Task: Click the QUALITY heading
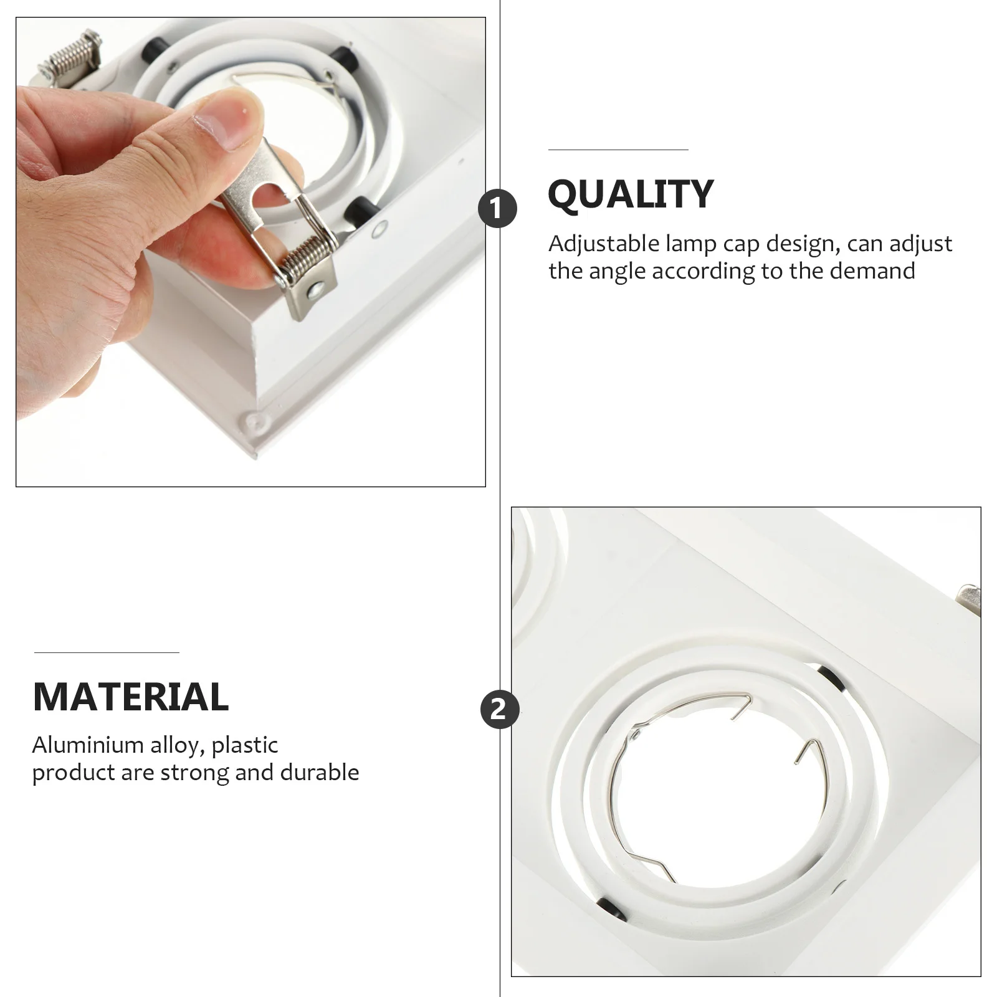(x=630, y=194)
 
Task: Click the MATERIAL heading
(x=131, y=697)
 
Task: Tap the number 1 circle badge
(x=497, y=209)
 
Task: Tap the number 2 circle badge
(x=499, y=709)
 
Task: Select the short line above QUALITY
(x=618, y=150)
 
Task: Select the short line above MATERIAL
(x=107, y=652)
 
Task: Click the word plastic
(x=245, y=745)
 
